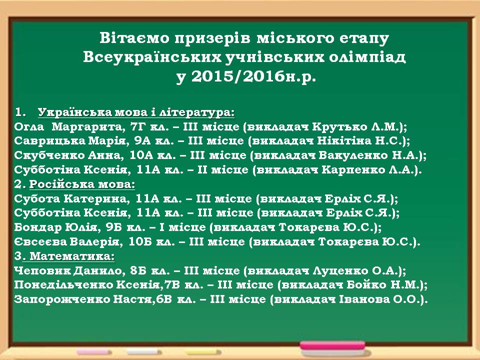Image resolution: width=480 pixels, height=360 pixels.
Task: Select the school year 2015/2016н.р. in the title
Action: tap(253, 77)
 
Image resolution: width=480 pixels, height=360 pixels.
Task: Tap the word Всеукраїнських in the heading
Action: tap(152, 57)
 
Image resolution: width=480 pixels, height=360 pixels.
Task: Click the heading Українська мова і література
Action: tap(136, 112)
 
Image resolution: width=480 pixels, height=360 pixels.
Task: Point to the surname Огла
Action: tap(29, 126)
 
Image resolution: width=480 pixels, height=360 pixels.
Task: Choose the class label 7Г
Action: tap(138, 126)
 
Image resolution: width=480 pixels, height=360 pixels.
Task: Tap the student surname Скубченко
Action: tap(49, 155)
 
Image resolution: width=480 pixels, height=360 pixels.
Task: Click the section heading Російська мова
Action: tap(81, 184)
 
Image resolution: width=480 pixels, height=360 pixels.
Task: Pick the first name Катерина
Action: tap(94, 199)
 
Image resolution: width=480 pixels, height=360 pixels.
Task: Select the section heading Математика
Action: tap(72, 256)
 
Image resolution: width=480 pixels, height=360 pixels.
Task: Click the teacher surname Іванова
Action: tap(364, 299)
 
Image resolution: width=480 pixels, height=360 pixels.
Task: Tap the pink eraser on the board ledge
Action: tap(332, 345)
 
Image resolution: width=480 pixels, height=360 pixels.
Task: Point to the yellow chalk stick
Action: tap(201, 351)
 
